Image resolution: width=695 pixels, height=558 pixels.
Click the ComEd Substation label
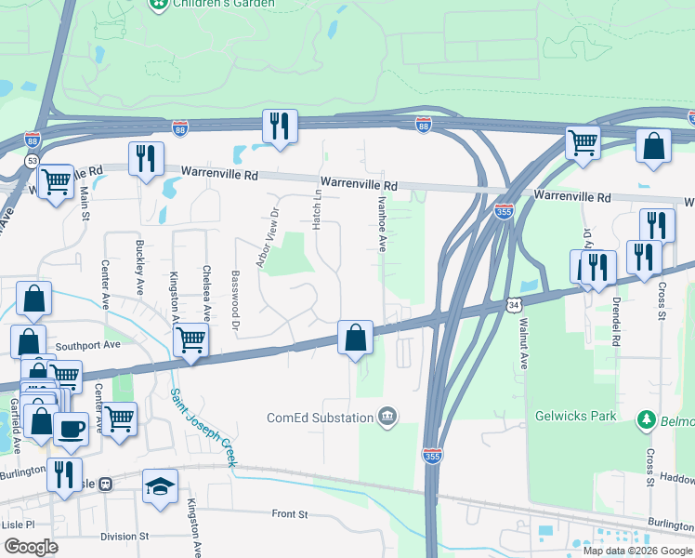pyautogui.click(x=320, y=418)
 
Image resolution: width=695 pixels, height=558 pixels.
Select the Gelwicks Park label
pyautogui.click(x=576, y=417)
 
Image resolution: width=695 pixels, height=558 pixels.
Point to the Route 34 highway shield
pyautogui.click(x=514, y=305)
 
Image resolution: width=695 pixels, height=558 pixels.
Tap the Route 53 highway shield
pyautogui.click(x=33, y=161)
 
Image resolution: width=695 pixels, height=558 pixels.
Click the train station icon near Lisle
pyautogui.click(x=107, y=484)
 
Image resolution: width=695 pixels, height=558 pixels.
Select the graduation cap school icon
pyautogui.click(x=160, y=486)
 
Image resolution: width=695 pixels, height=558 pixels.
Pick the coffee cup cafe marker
pyautogui.click(x=72, y=429)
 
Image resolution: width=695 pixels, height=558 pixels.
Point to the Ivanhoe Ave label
pyautogui.click(x=381, y=223)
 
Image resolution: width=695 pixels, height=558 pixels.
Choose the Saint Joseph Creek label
pyautogui.click(x=203, y=427)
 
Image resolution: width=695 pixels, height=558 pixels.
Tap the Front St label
pyautogui.click(x=289, y=513)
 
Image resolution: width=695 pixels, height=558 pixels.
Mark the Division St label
pyautogui.click(x=125, y=537)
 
